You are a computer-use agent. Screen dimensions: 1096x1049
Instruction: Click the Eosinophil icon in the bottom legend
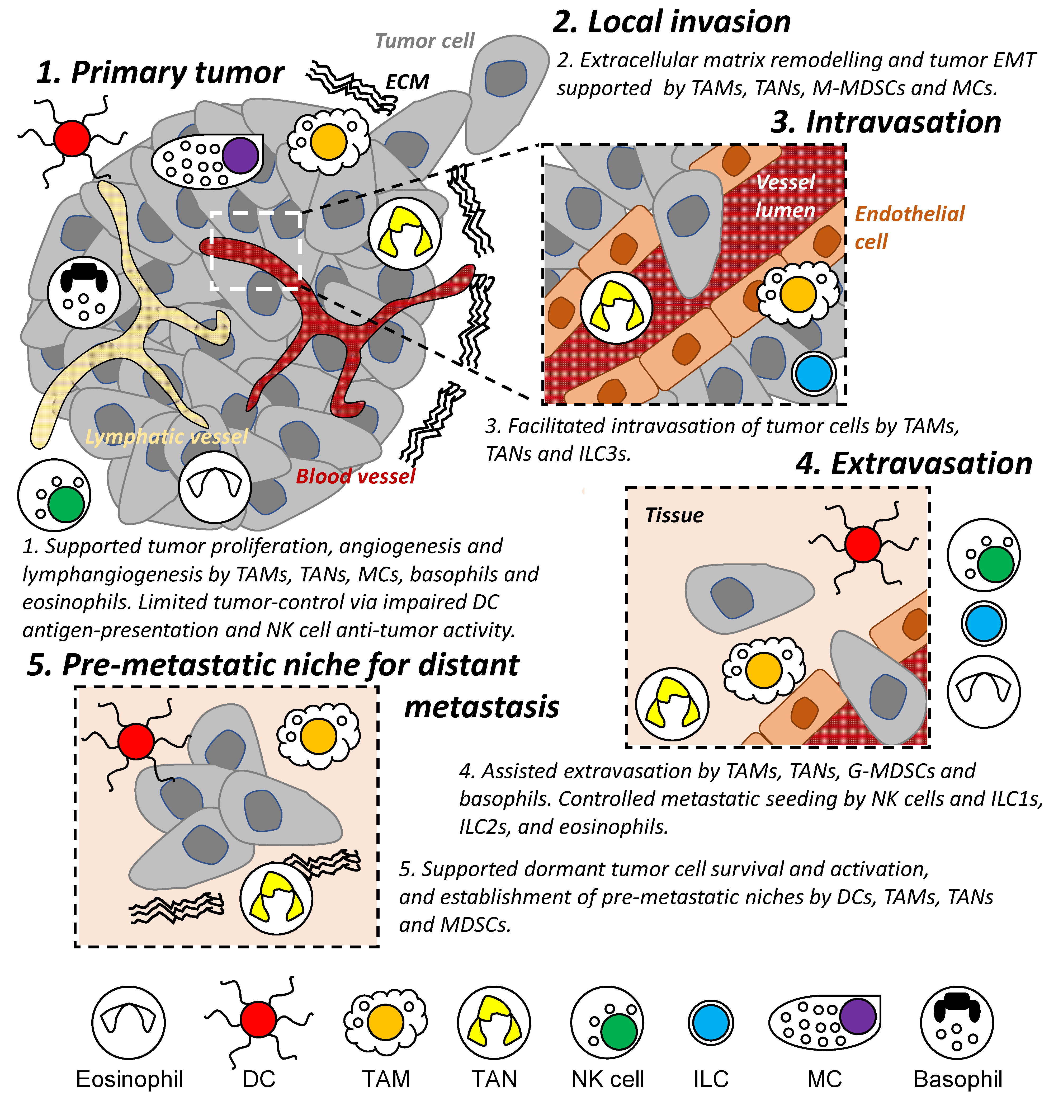pyautogui.click(x=129, y=1022)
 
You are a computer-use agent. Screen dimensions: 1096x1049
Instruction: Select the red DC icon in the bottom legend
pyautogui.click(x=258, y=1019)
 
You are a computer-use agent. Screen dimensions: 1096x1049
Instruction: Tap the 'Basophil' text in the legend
pyautogui.click(x=957, y=1079)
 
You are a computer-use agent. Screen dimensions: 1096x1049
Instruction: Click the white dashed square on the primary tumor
pyautogui.click(x=256, y=251)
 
